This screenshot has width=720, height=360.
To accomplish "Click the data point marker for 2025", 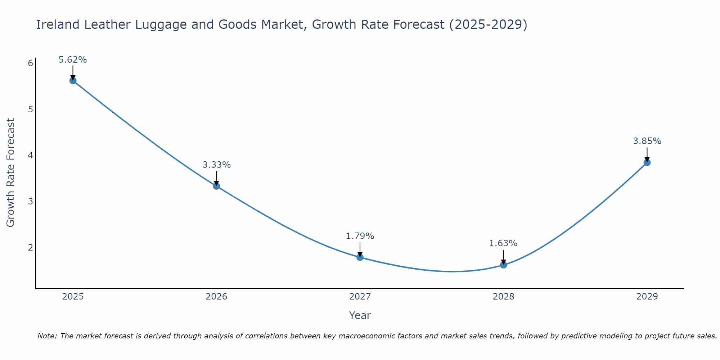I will click(x=73, y=81).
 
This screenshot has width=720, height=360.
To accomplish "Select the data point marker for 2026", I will click(x=216, y=186).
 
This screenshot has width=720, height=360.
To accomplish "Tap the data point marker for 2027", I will click(x=360, y=257).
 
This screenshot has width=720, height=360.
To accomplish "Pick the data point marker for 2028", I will click(x=503, y=265).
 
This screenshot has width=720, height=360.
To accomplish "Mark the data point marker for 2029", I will click(x=647, y=162).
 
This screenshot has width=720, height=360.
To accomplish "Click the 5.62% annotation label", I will click(x=73, y=60).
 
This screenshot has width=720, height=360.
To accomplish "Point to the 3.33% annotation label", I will click(x=216, y=165).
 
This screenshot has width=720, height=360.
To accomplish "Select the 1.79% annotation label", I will click(x=360, y=236).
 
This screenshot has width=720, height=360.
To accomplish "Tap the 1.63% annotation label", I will click(x=503, y=243).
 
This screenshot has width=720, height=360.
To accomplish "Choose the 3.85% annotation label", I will click(x=647, y=141).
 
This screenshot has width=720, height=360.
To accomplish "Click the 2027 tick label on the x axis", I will click(x=360, y=297).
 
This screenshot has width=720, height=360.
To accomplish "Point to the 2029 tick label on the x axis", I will click(x=647, y=297).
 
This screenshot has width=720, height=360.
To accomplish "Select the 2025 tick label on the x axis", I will click(x=73, y=297).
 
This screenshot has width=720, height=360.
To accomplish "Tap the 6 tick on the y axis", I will click(x=30, y=63).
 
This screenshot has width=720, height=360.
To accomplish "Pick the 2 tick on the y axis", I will click(x=30, y=247).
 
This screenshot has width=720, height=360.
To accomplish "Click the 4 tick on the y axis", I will click(x=30, y=155).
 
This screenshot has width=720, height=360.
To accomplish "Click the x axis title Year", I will click(x=360, y=315).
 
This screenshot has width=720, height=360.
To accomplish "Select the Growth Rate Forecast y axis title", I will click(x=11, y=173).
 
